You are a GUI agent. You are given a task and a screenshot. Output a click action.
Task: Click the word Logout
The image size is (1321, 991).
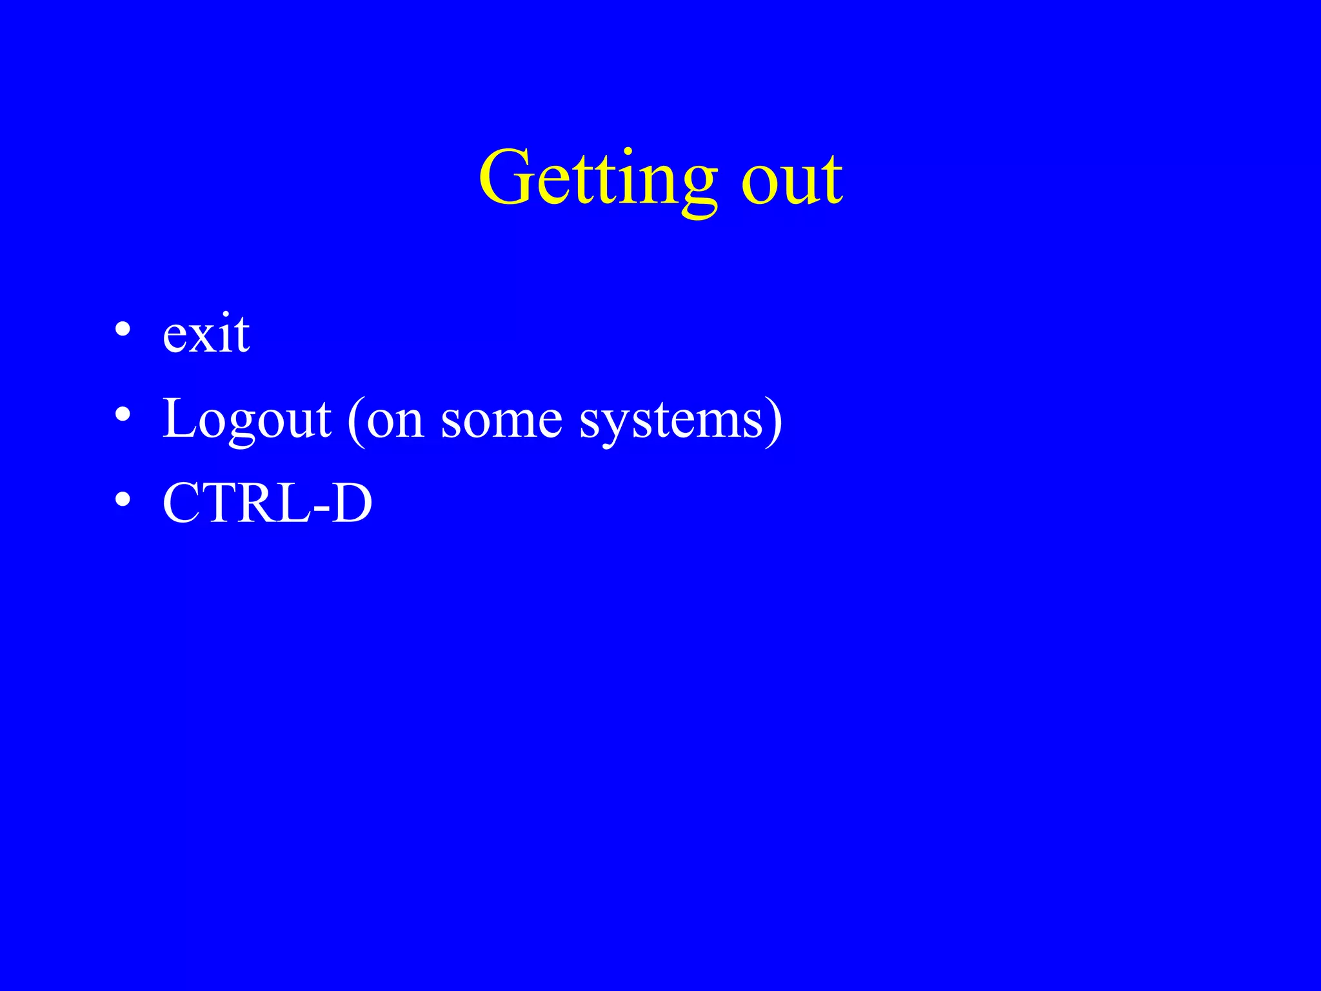pos(246,419)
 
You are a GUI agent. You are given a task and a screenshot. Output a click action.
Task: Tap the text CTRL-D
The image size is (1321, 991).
pos(267,503)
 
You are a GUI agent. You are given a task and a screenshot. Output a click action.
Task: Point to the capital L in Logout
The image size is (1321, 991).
pos(181,418)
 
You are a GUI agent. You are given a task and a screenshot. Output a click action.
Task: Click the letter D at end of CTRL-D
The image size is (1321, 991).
pos(352,503)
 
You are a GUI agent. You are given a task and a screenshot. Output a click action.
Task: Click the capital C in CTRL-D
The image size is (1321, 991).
pos(184,503)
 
